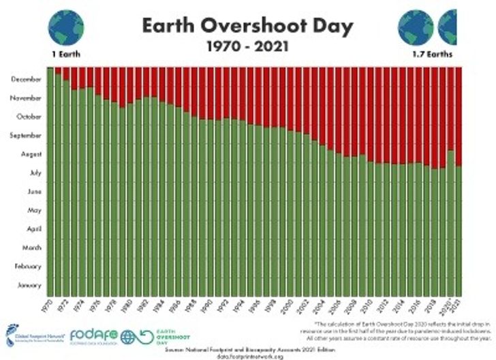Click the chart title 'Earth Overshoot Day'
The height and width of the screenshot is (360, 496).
247,26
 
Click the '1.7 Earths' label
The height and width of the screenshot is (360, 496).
430,53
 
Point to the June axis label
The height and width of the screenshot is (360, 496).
35,192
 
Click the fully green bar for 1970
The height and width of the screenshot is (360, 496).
50,184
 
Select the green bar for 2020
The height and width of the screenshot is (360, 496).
450,225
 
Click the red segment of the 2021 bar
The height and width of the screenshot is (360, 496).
459,116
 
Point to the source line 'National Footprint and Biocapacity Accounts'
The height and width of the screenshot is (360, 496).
247,348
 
